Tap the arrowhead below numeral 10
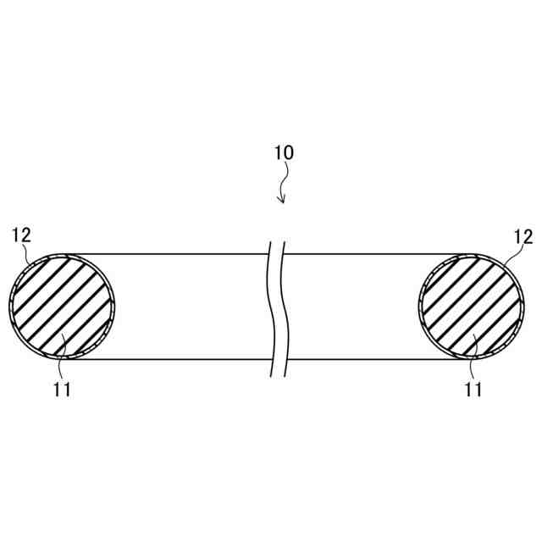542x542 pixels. (283, 200)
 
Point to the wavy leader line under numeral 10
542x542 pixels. (285, 180)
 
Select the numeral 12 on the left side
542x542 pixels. (21, 235)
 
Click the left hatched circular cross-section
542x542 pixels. (62, 305)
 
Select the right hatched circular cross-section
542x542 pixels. (472, 305)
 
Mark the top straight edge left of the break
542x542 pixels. (169, 253)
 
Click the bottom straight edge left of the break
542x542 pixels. (169, 359)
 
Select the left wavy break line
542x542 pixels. (270, 305)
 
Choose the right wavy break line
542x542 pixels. (283, 305)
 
